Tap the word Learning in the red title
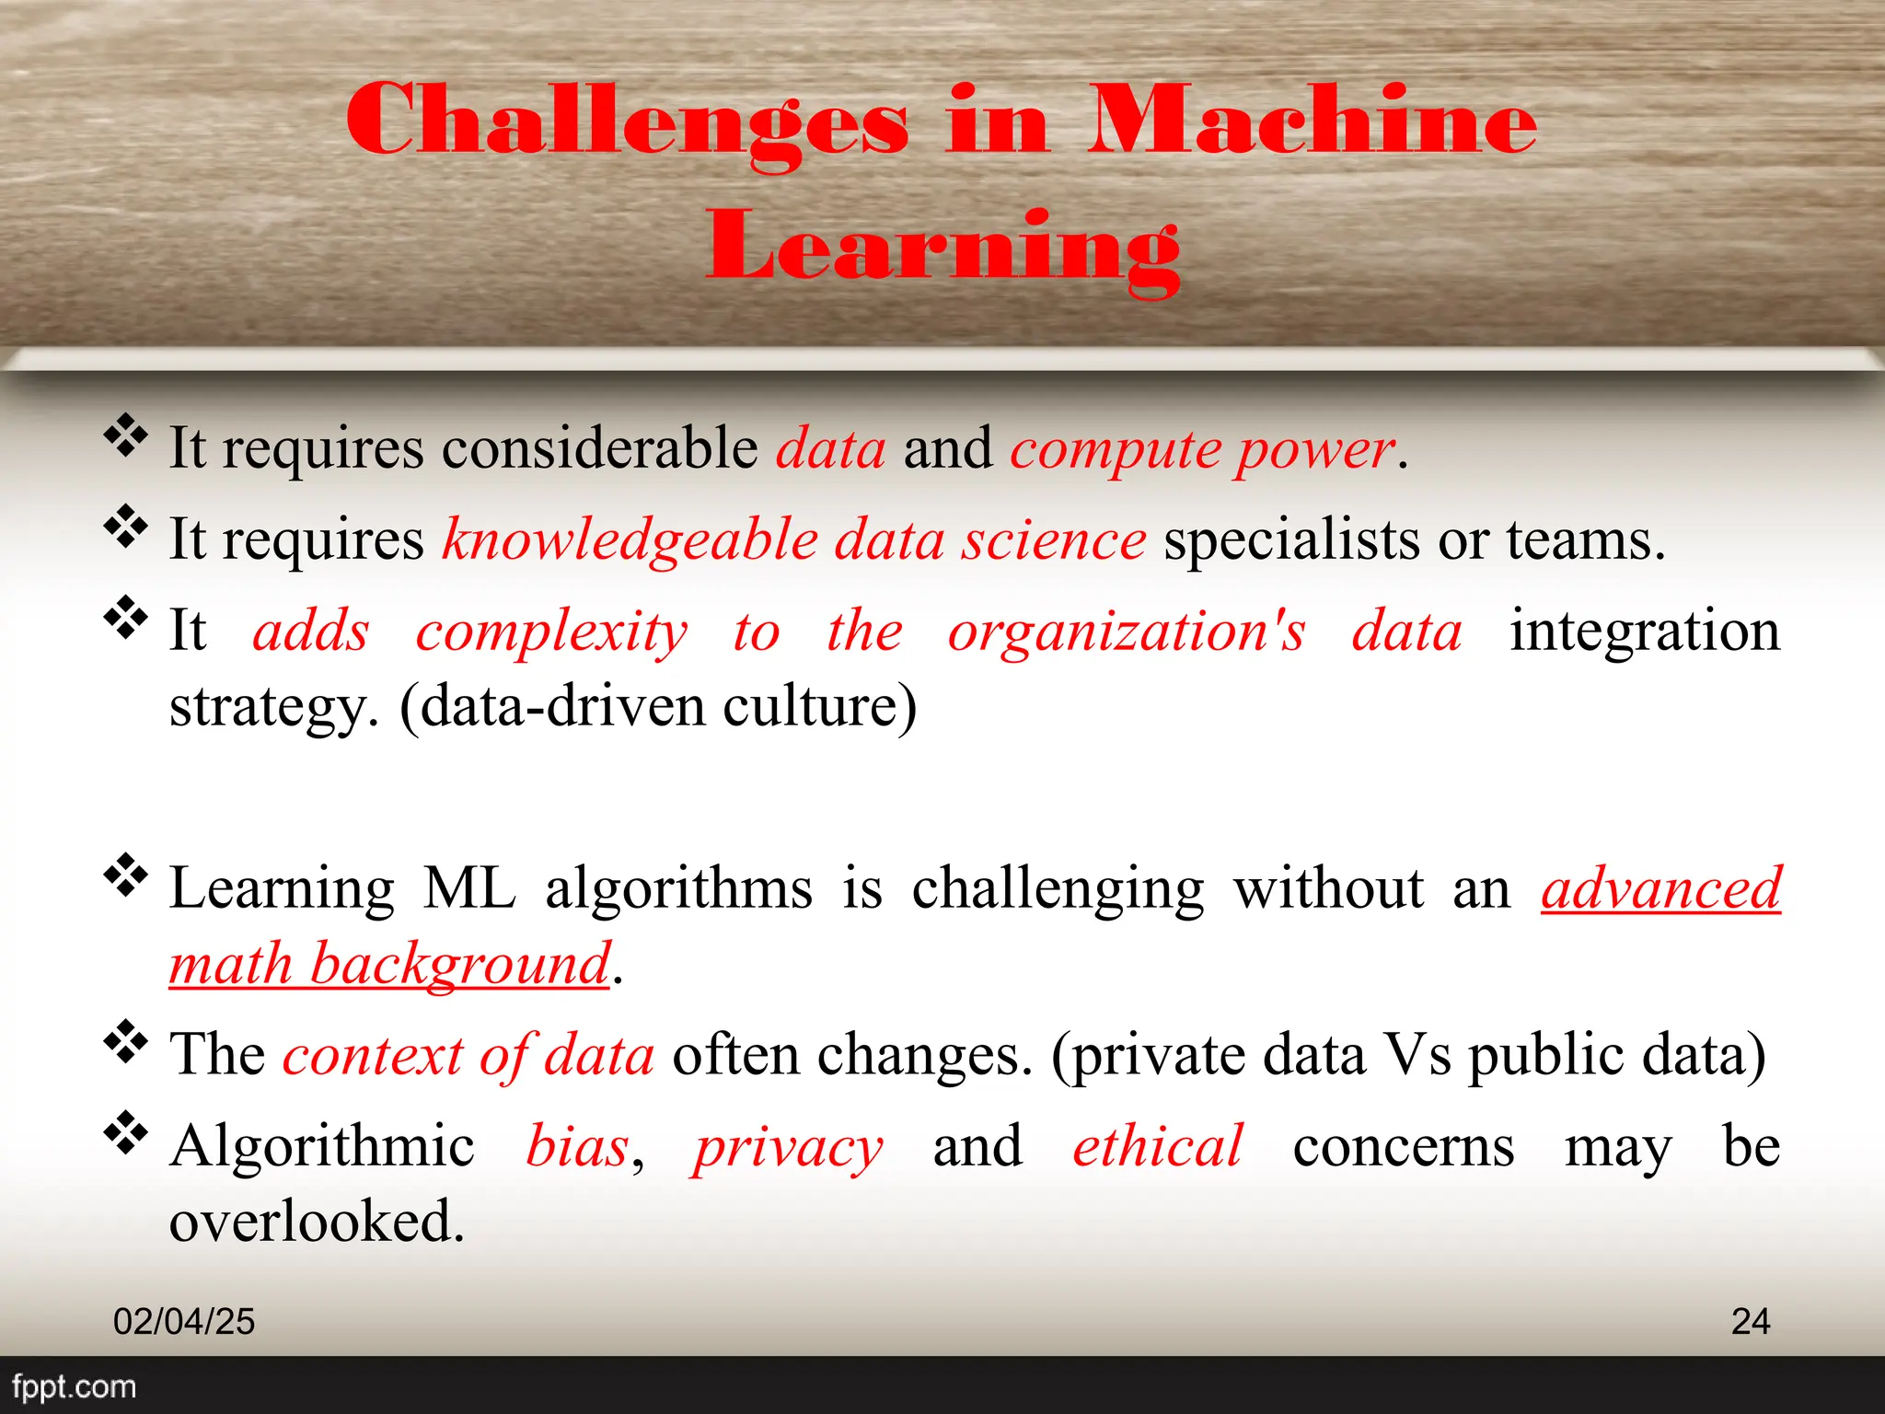point(942,247)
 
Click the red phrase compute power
point(1202,450)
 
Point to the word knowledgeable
point(630,540)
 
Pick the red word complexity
point(551,632)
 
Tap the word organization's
point(1127,632)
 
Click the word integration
point(1644,632)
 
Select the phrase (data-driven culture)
point(658,707)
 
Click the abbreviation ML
point(469,889)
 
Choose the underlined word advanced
point(1661,889)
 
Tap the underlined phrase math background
point(389,965)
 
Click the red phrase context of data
point(468,1055)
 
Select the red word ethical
point(1157,1147)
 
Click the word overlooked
point(317,1223)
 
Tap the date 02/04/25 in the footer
point(184,1322)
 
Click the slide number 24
point(1750,1322)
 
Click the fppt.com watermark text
point(74,1386)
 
